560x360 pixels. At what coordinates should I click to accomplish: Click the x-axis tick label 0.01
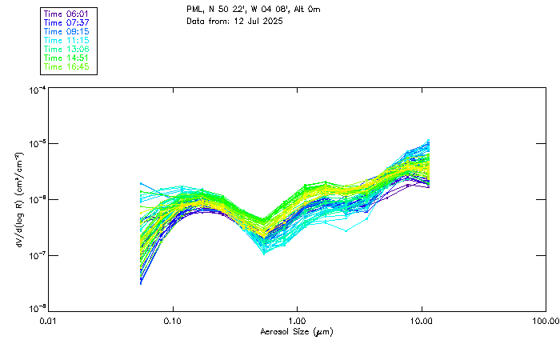(x=49, y=321)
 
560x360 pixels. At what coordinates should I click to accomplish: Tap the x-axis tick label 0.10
(x=173, y=321)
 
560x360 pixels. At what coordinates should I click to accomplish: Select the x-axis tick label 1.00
(x=298, y=321)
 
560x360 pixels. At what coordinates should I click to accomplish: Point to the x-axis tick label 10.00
(x=422, y=321)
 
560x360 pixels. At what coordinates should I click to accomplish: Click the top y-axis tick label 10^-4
(x=37, y=90)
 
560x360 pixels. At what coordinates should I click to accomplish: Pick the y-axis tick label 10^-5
(x=37, y=145)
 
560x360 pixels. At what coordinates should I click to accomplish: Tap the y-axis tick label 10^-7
(x=37, y=256)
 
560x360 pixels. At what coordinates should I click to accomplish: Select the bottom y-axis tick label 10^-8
(x=37, y=310)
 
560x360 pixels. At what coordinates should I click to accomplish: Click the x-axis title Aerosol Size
(x=297, y=331)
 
